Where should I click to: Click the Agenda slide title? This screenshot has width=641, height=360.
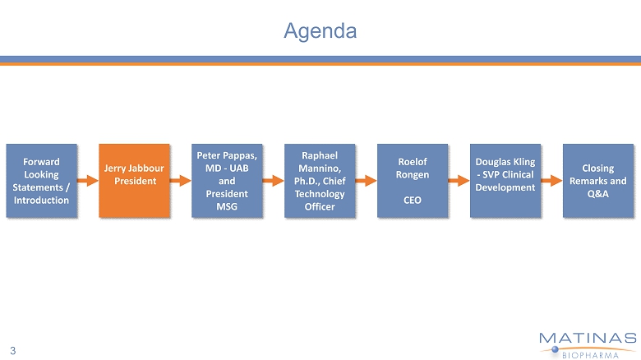320,31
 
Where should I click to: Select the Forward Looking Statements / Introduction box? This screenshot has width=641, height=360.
41,181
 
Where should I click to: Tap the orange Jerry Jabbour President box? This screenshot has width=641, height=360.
134,181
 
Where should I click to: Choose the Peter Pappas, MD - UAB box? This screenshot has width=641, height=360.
227,181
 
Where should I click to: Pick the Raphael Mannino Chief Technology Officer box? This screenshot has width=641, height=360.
320,181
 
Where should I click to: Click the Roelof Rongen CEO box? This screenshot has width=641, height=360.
413,181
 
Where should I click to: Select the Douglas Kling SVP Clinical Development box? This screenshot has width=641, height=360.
505,181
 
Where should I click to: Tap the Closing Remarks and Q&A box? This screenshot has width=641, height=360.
597,181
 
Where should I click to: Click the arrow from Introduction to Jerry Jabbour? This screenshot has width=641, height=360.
87,181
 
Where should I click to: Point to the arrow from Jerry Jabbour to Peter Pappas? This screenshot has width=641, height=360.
180,181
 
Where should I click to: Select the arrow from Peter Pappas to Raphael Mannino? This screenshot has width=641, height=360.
273,181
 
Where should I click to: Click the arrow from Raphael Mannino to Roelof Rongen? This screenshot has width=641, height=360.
366,181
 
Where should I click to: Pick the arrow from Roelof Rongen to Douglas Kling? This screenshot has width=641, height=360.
459,181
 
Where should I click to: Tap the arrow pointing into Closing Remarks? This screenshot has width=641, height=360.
551,181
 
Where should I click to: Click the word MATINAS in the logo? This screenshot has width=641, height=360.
588,338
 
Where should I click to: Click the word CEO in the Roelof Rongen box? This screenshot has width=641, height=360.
413,200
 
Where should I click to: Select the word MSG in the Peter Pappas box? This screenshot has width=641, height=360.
227,206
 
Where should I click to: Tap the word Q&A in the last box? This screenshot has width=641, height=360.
597,193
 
